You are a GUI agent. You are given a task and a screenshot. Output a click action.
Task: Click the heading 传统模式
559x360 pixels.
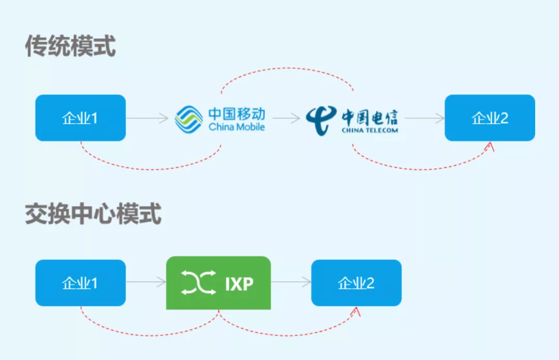click(70, 47)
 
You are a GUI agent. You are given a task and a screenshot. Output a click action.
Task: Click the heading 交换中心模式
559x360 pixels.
click(93, 214)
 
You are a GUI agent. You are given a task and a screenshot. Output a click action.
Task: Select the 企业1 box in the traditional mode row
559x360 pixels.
click(80, 118)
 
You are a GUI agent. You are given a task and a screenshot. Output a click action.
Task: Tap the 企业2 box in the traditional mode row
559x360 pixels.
click(490, 118)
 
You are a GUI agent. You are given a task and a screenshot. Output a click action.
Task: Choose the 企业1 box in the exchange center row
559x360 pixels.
click(80, 283)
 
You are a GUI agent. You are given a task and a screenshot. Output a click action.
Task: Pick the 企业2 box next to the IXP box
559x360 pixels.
click(356, 283)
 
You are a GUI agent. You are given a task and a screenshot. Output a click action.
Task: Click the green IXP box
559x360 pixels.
click(218, 283)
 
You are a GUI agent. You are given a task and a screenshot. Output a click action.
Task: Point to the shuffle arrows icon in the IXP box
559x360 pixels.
click(198, 283)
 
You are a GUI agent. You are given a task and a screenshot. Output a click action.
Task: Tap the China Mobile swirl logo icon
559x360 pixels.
click(189, 119)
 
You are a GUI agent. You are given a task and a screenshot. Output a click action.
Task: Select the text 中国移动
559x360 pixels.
click(237, 113)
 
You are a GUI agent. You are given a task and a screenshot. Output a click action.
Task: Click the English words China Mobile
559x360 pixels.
click(237, 127)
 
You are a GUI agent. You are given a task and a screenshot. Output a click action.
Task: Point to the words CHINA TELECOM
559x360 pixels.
click(370, 130)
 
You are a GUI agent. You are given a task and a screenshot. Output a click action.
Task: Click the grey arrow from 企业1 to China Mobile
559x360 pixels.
click(148, 119)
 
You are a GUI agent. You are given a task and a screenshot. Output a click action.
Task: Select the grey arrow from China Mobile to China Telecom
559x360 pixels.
click(286, 119)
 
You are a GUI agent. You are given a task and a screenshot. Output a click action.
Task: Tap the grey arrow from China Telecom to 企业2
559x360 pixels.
click(424, 119)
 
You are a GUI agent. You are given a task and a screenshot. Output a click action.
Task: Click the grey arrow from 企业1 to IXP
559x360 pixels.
click(146, 283)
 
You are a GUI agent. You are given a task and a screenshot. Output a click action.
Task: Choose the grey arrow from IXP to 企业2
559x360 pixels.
click(291, 283)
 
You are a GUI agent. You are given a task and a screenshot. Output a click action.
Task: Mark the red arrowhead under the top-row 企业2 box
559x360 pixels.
click(490, 148)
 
